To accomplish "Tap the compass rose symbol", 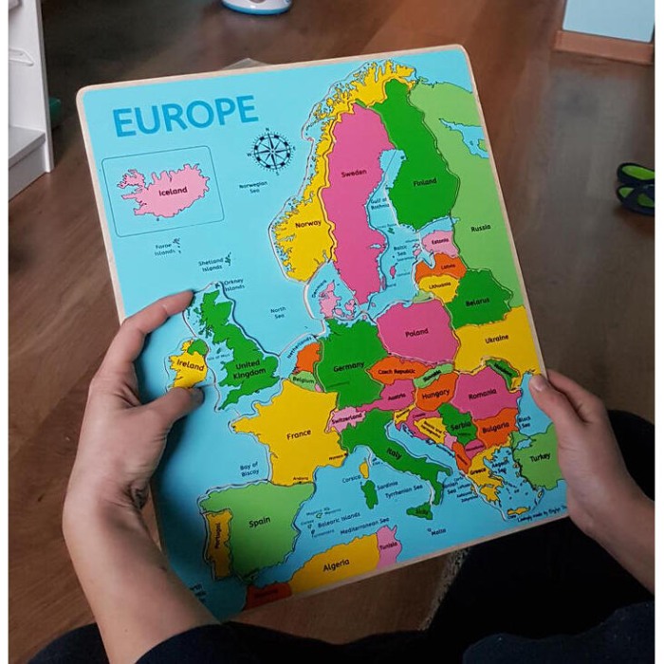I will click(272, 151).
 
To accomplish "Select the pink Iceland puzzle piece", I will click(165, 191).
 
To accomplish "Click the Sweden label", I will click(354, 173).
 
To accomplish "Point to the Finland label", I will click(424, 182).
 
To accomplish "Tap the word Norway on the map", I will click(308, 224).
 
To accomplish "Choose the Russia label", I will click(481, 228).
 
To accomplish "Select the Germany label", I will click(349, 365).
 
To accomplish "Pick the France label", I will click(299, 433).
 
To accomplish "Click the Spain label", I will click(259, 522).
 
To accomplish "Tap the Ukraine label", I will click(496, 339).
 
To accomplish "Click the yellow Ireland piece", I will click(189, 364).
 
